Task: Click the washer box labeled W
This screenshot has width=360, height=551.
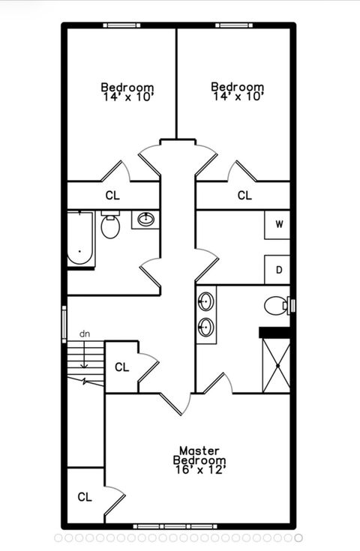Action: (x=278, y=224)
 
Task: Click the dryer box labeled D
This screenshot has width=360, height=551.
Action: (x=278, y=270)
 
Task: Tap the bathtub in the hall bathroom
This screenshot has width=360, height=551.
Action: (x=80, y=239)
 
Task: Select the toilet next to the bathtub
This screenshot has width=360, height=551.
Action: (x=110, y=225)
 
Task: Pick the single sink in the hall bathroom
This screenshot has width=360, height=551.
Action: (x=145, y=219)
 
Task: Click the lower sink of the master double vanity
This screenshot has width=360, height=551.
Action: (x=205, y=327)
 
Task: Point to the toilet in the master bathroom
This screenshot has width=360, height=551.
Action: (x=277, y=305)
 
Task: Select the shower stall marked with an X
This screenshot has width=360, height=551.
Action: (x=276, y=365)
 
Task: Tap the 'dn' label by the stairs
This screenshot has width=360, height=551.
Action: (x=85, y=333)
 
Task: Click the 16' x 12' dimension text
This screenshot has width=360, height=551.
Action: (x=199, y=469)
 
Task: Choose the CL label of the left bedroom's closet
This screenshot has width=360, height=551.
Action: (x=112, y=196)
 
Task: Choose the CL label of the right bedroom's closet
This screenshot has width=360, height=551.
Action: (x=244, y=196)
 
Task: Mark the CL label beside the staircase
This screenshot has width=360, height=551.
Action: (x=121, y=367)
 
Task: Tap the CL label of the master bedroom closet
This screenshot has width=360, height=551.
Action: (x=84, y=496)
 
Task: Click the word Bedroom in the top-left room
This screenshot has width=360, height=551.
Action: (x=127, y=87)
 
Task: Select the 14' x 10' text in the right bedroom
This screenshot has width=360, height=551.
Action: (x=237, y=97)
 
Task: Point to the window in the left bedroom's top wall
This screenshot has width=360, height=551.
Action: (x=121, y=25)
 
